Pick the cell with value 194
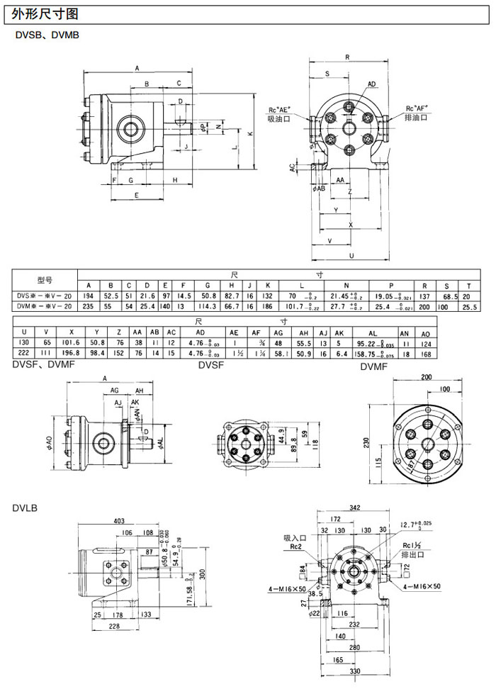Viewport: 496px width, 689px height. click(x=89, y=296)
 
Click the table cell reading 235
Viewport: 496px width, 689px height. click(x=89, y=306)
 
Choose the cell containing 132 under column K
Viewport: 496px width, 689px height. click(x=269, y=296)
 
